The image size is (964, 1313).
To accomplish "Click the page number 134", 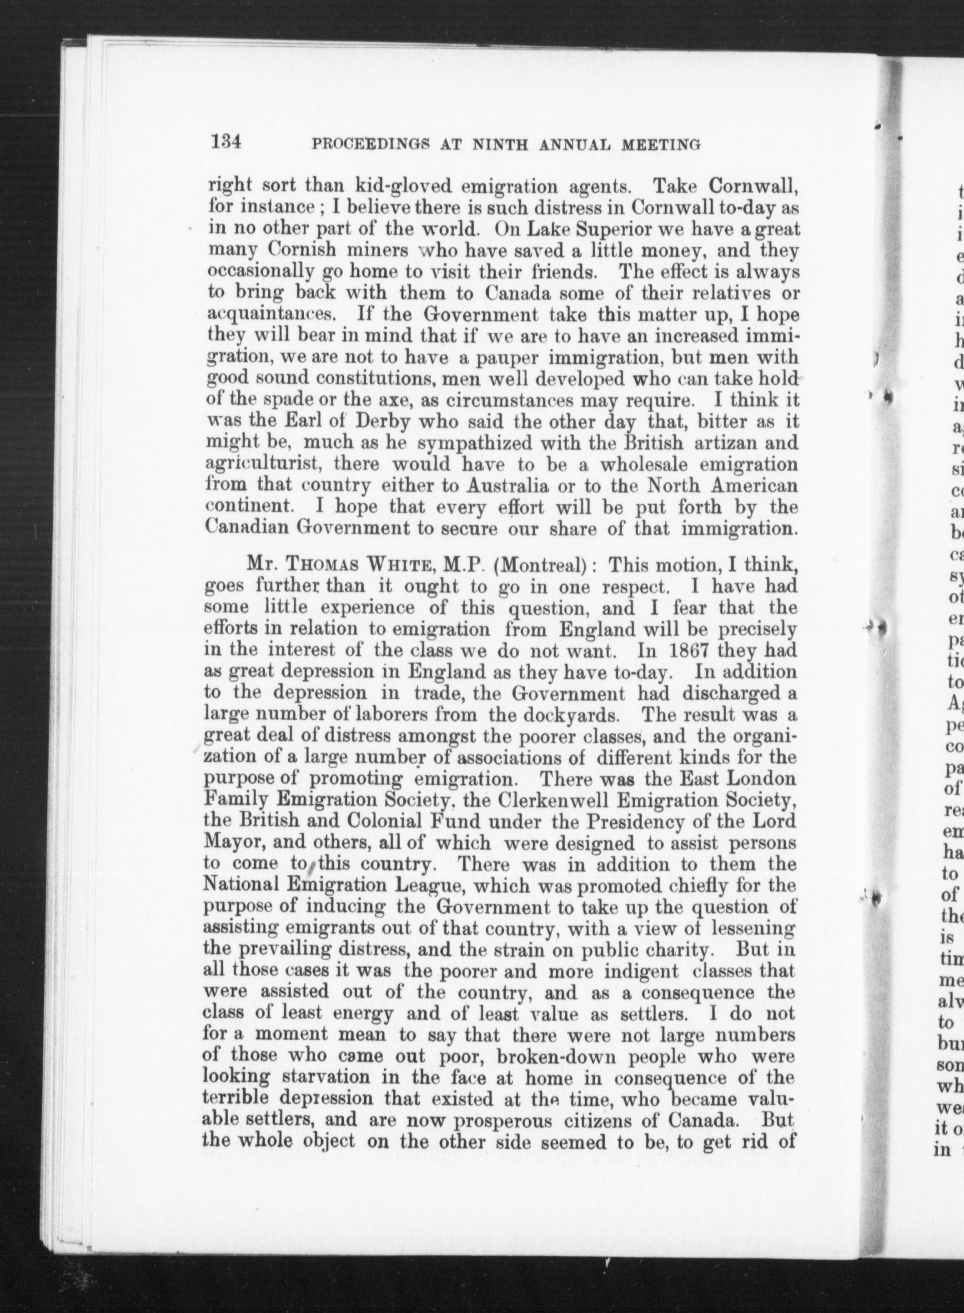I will point(227,143).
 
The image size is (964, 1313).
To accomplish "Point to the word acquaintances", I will point(270,316).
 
